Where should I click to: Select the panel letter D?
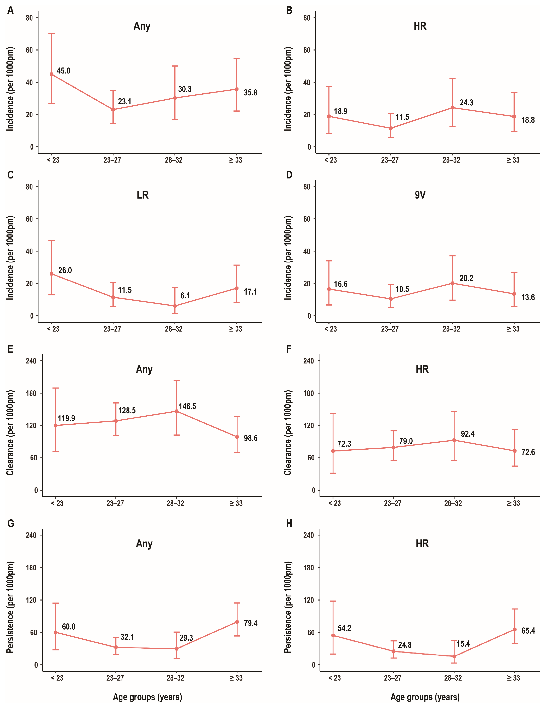[289, 175]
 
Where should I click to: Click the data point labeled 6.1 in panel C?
[175, 306]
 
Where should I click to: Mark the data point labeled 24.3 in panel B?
[452, 107]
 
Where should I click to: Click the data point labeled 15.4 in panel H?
[454, 656]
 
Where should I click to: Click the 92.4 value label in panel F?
[468, 434]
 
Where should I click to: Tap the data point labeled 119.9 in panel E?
[56, 425]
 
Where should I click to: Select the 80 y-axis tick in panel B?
[307, 18]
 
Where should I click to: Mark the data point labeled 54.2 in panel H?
[333, 635]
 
